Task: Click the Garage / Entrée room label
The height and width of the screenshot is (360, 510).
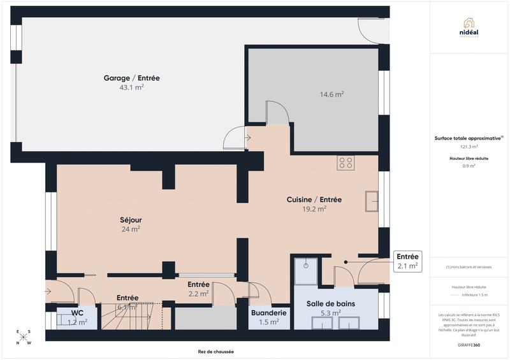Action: (131, 78)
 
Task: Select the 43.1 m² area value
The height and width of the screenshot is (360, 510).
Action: (131, 87)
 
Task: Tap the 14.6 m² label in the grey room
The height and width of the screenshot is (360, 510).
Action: (331, 94)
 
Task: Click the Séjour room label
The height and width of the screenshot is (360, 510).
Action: (131, 220)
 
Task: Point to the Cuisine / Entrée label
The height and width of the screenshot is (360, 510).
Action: (314, 199)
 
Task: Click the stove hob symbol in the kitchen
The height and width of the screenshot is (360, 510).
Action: (346, 163)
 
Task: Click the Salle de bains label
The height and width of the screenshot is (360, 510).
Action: (330, 304)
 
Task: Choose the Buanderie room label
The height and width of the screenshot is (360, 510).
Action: (268, 313)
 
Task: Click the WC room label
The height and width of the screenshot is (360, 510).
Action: (78, 313)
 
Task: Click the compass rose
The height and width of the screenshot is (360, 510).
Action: (22, 338)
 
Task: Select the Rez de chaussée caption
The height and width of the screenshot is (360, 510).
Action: (216, 352)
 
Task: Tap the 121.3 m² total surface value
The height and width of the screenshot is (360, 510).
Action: (469, 147)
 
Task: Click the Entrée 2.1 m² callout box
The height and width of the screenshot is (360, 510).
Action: (407, 261)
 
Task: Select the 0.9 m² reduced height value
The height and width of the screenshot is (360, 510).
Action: (469, 166)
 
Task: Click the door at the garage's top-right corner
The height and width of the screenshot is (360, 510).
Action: (371, 29)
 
